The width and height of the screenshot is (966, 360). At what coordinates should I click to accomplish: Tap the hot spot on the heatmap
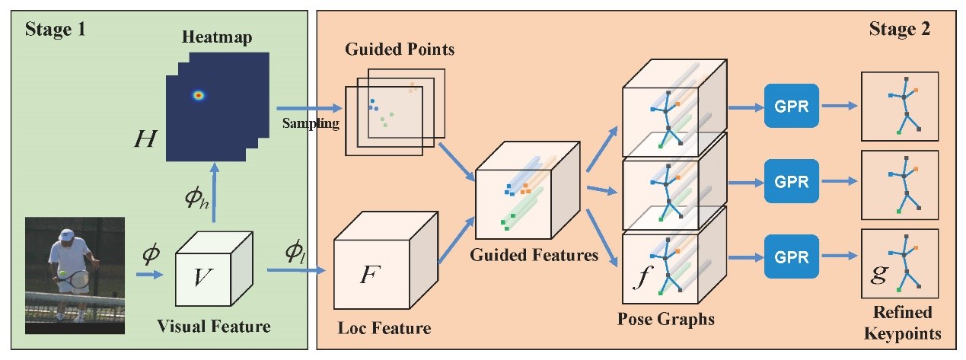199,95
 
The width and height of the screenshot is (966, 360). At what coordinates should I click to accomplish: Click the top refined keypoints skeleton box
899,106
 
